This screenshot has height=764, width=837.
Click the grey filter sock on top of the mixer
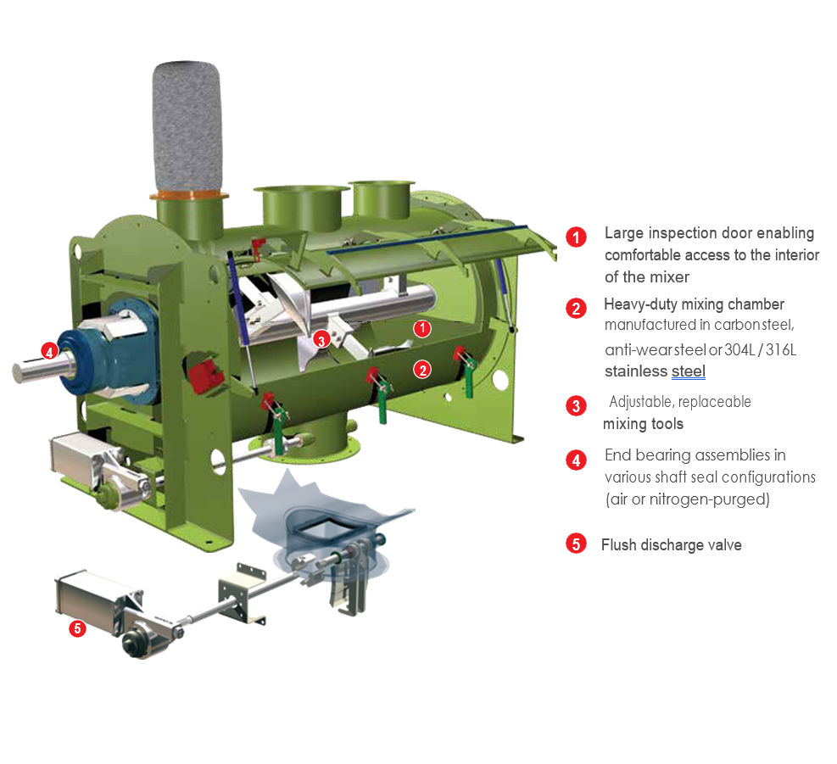(187, 125)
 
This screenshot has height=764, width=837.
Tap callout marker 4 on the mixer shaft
(50, 351)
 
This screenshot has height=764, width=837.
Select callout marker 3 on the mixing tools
(321, 339)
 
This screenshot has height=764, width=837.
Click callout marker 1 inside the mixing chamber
(422, 328)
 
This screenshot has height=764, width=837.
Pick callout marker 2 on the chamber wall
(422, 370)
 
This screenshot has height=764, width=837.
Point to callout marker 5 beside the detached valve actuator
(77, 628)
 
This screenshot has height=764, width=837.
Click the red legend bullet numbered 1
(576, 237)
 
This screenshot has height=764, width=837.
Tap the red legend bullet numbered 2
(576, 308)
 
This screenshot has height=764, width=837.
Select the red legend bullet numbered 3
(576, 406)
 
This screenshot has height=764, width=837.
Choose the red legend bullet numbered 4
(576, 460)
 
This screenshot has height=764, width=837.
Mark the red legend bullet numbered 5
(576, 544)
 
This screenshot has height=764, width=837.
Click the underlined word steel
(689, 371)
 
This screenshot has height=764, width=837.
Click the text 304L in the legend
(739, 349)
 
